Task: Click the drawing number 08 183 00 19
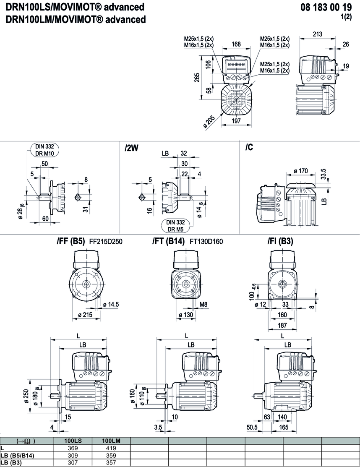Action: pos(326,7)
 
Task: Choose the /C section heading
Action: pos(249,148)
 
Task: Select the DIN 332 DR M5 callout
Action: pos(176,226)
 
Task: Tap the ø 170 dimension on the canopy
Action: pos(301,171)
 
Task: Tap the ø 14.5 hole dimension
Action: pos(111,304)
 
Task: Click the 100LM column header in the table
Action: pos(111,441)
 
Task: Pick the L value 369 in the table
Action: pos(73,448)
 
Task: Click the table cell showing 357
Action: pos(111,463)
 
